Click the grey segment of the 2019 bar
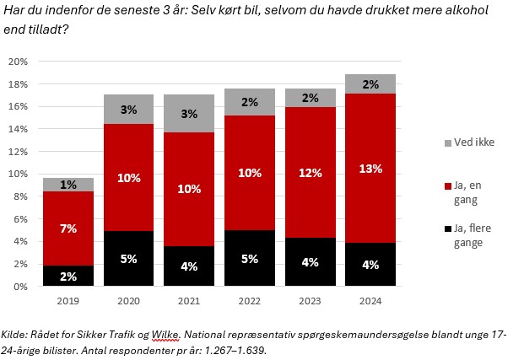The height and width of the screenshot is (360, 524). tap(68, 185)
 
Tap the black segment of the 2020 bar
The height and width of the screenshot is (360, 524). tap(128, 259)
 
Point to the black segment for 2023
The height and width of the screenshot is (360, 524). tap(311, 262)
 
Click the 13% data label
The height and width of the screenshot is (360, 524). tap(371, 169)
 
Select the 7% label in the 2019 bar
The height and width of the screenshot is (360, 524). tap(68, 228)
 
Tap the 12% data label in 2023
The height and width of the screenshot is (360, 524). tap(311, 173)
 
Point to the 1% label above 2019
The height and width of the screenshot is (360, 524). tap(68, 185)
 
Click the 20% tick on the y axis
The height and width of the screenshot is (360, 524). tap(19, 62)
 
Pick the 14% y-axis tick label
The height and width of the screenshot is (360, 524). tap(19, 130)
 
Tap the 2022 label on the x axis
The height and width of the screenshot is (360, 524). tap(250, 299)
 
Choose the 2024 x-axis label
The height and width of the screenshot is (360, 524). tap(371, 299)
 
